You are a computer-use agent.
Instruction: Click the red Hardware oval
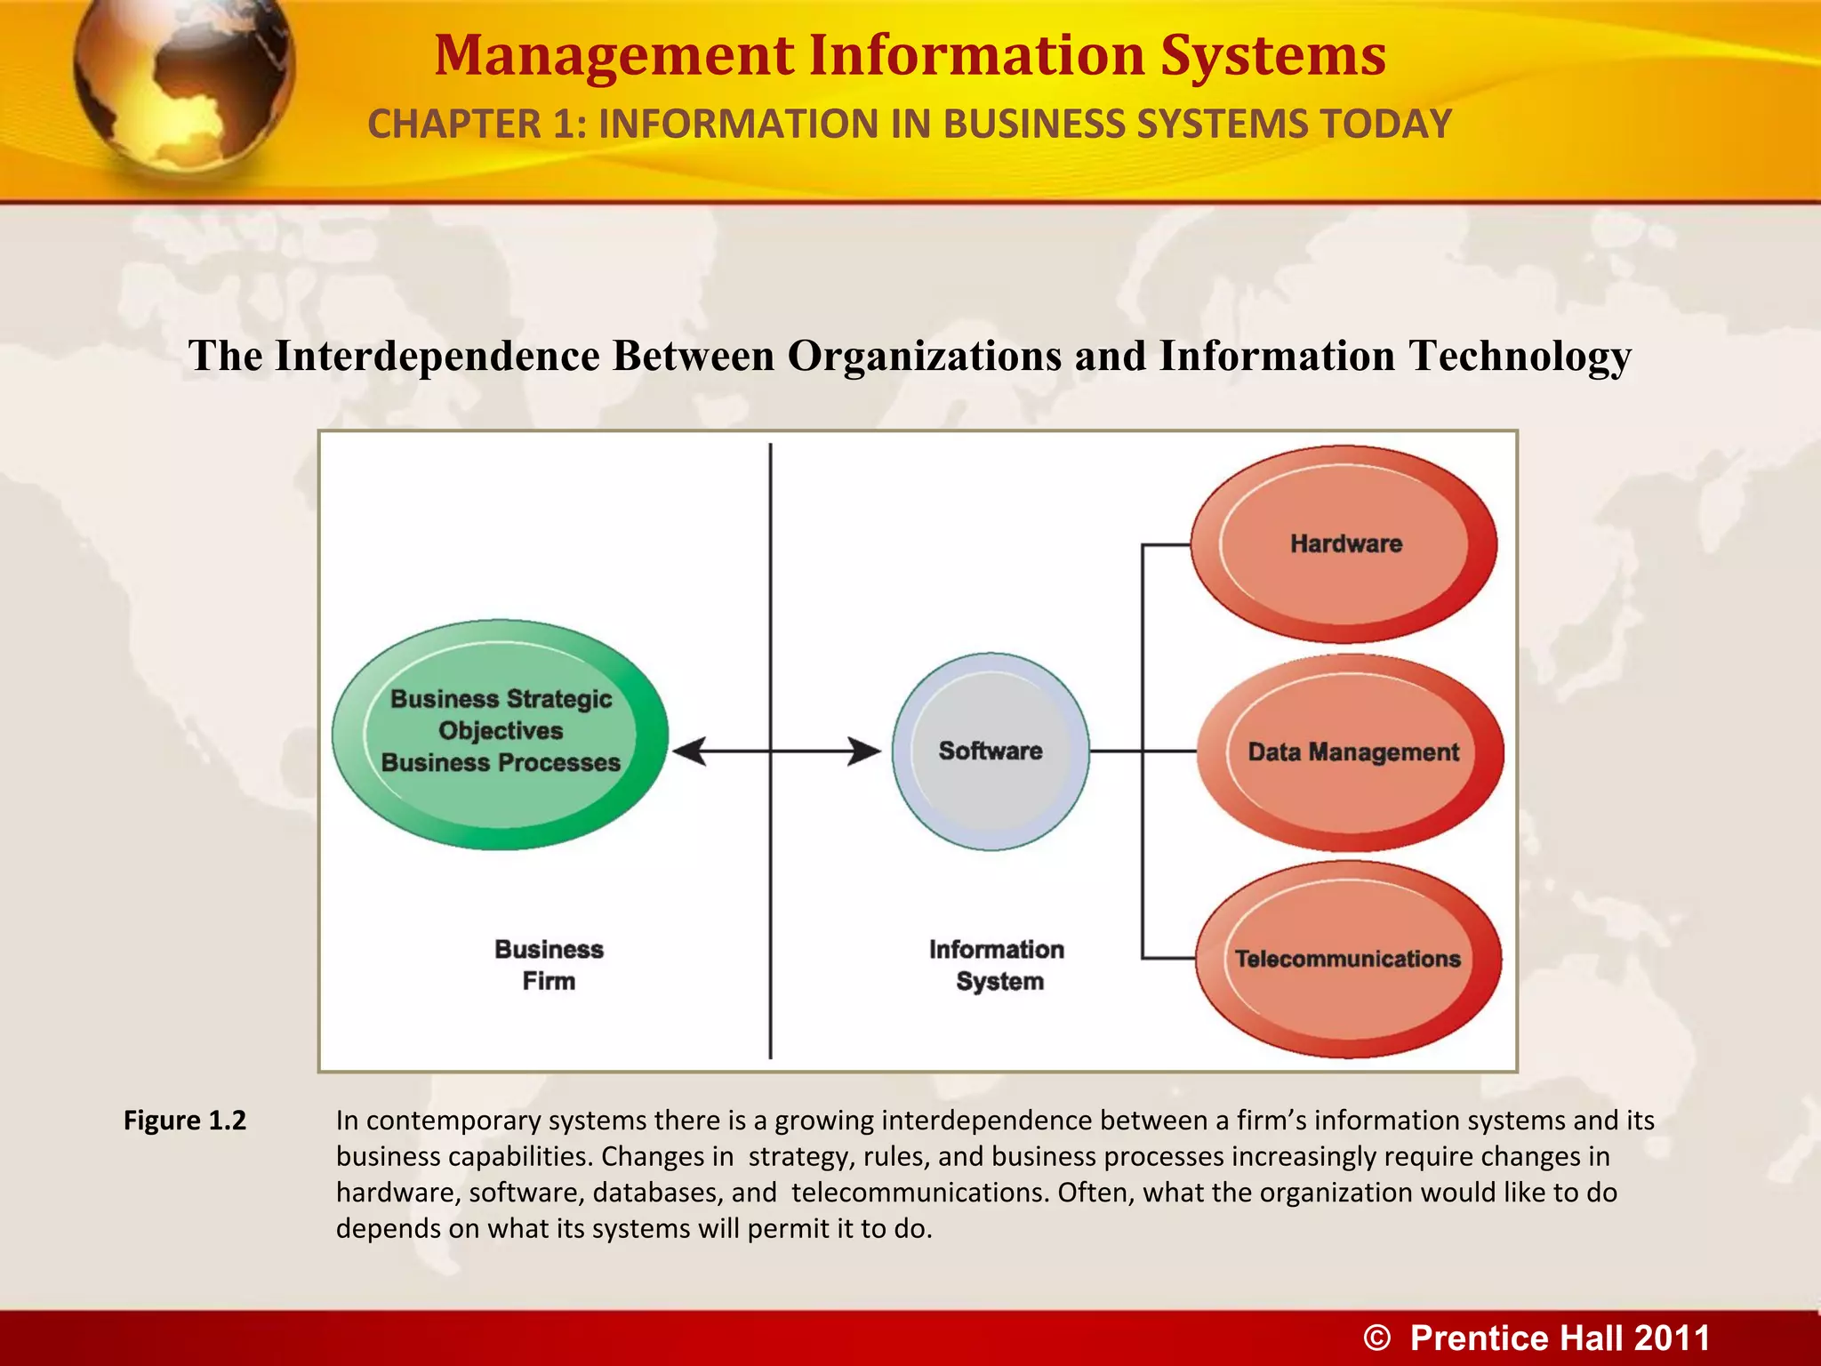tap(1344, 543)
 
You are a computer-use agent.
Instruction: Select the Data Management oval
tap(1352, 751)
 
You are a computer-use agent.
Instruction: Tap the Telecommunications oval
tap(1348, 959)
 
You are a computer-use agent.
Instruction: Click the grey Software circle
tap(991, 751)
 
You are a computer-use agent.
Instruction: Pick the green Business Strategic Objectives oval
tap(501, 734)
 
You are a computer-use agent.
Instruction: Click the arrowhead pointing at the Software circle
tap(864, 751)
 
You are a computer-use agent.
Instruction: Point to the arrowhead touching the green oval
tap(690, 751)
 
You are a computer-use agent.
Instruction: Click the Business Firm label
tap(549, 965)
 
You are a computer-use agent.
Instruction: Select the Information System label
tap(998, 965)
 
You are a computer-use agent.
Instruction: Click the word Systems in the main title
tap(1273, 55)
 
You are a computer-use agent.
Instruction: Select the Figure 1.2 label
tap(185, 1120)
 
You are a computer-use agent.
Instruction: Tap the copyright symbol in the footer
tap(1377, 1338)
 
